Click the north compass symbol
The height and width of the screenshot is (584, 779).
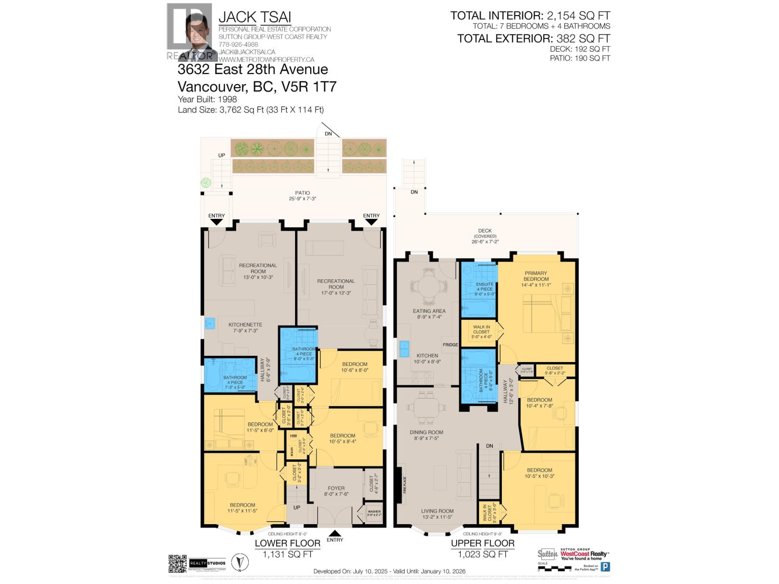[238, 563]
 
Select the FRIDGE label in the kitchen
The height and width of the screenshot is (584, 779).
[450, 345]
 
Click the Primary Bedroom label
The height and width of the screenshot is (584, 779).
[536, 276]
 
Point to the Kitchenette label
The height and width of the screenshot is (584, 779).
[245, 325]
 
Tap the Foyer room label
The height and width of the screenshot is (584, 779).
[336, 488]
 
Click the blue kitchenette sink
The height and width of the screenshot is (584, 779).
[210, 323]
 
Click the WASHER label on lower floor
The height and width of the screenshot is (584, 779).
[374, 511]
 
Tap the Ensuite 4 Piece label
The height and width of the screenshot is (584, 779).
[484, 287]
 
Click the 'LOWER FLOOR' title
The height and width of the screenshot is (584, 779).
[288, 543]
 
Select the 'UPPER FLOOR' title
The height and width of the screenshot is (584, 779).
[482, 543]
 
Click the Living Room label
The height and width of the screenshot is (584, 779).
[437, 511]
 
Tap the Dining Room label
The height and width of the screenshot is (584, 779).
[426, 432]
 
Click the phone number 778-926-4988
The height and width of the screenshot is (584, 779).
[239, 44]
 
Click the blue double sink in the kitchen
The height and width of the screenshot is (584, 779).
[404, 348]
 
